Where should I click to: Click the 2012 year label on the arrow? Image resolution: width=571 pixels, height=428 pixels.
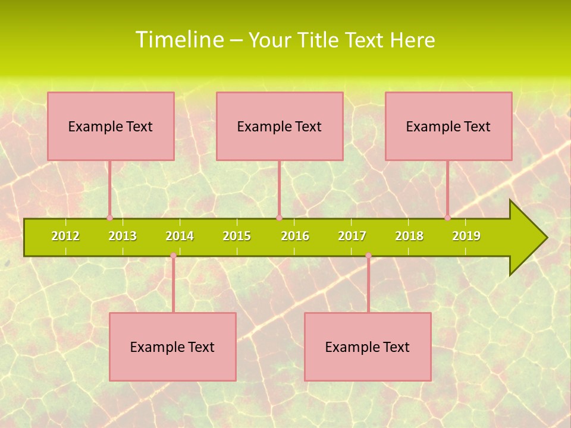click(x=65, y=236)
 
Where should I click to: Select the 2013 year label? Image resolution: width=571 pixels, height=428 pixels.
click(x=123, y=236)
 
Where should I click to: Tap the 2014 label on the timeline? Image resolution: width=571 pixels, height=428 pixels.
click(x=180, y=236)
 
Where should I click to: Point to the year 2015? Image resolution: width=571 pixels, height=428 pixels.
click(x=237, y=236)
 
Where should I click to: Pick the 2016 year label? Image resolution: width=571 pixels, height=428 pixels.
click(x=295, y=236)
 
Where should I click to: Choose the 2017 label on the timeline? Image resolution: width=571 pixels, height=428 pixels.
click(x=352, y=236)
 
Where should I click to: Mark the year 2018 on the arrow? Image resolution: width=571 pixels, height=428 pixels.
click(x=409, y=236)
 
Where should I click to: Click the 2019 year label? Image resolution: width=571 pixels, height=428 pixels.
click(x=466, y=236)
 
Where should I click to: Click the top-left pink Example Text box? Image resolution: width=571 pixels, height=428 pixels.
click(x=111, y=126)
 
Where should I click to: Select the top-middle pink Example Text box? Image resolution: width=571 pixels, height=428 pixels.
click(x=280, y=126)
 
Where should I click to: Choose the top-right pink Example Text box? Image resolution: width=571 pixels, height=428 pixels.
click(x=448, y=126)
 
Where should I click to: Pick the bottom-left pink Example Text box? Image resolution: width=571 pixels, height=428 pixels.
click(x=172, y=347)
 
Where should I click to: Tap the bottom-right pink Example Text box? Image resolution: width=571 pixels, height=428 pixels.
click(x=368, y=347)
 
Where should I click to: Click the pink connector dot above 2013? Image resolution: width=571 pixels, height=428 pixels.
click(x=109, y=218)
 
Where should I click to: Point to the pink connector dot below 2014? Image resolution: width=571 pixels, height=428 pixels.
click(x=173, y=256)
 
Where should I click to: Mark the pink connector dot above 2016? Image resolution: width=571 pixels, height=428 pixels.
click(x=279, y=218)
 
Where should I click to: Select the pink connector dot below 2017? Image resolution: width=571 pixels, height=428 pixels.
click(x=368, y=256)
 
